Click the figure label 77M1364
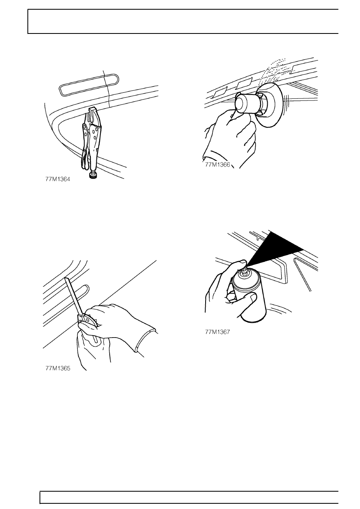58,179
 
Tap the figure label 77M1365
58,368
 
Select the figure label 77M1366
218,164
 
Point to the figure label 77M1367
218,332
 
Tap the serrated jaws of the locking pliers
94,116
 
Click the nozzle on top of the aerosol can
245,271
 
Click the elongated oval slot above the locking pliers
89,83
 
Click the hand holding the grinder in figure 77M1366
229,136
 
